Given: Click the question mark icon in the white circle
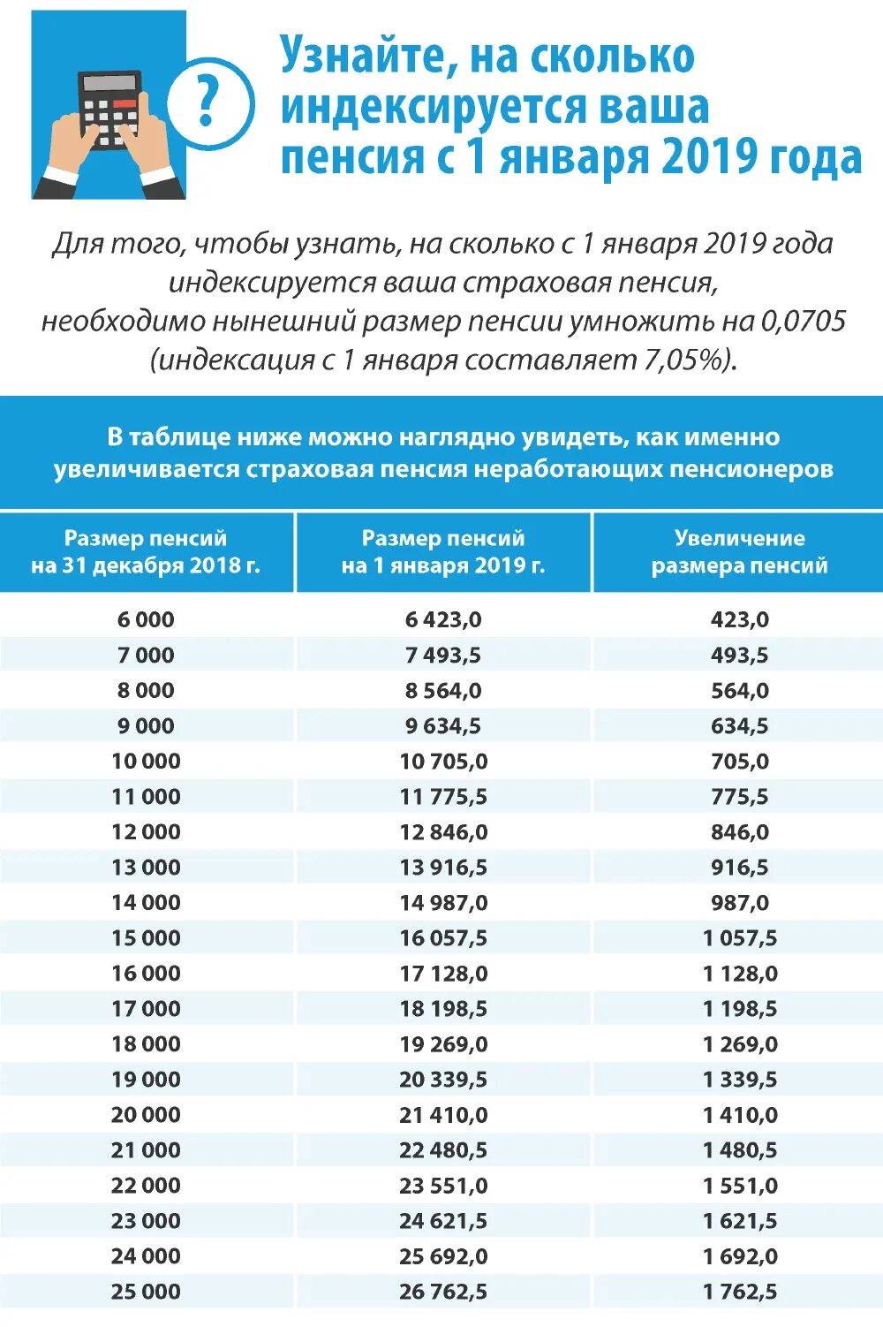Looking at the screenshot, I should click(208, 103).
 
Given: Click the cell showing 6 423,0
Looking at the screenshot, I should click(443, 619).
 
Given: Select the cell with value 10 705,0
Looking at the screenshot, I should click(443, 761).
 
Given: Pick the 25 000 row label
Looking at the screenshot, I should click(146, 1291).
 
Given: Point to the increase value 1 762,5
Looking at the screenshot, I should click(740, 1291).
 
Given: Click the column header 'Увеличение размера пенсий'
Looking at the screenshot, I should click(740, 551).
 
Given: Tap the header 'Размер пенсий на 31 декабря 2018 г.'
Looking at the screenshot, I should click(146, 551).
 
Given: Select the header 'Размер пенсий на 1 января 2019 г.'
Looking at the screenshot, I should click(443, 551).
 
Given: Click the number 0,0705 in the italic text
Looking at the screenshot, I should click(803, 321).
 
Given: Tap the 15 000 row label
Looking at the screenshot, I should click(146, 937).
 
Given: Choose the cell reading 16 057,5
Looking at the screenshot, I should click(443, 937).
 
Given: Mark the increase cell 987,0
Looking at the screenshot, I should click(740, 902).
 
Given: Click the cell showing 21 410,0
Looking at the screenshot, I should click(443, 1114).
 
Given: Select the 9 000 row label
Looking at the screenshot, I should click(146, 725).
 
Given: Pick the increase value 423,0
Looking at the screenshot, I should click(740, 619).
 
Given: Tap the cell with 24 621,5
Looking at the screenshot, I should click(443, 1220).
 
